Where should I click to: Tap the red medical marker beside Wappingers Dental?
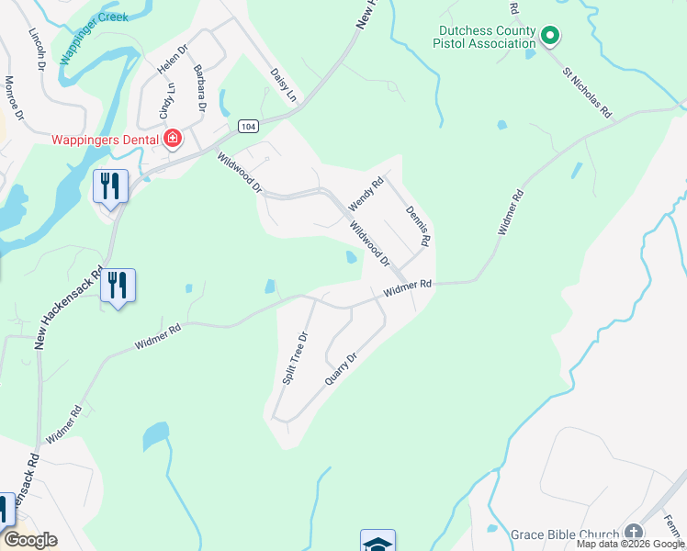pyautogui.click(x=173, y=140)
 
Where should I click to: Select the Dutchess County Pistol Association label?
pyautogui.click(x=485, y=37)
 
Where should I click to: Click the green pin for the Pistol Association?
pyautogui.click(x=550, y=37)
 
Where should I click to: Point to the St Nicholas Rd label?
pyautogui.click(x=587, y=92)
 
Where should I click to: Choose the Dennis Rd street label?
pyautogui.click(x=418, y=226)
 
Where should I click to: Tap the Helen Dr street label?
pyautogui.click(x=172, y=61)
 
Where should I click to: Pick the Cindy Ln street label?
pyautogui.click(x=166, y=101)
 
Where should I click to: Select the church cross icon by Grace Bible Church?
pyautogui.click(x=633, y=533)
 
